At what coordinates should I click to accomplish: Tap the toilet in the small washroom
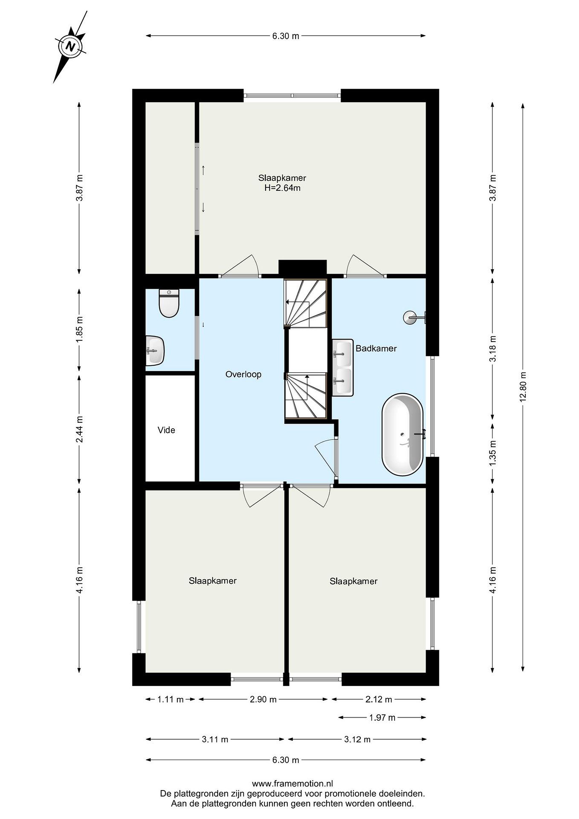169,303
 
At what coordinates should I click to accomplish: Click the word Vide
166,430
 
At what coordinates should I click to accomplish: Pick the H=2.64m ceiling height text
282,188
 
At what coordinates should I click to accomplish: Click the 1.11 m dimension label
171,699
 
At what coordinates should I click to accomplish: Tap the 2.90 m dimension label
263,699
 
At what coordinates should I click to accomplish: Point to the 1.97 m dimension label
382,717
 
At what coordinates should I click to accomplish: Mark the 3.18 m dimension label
493,349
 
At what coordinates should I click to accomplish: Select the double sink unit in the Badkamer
343,367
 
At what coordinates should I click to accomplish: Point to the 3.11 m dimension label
215,739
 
